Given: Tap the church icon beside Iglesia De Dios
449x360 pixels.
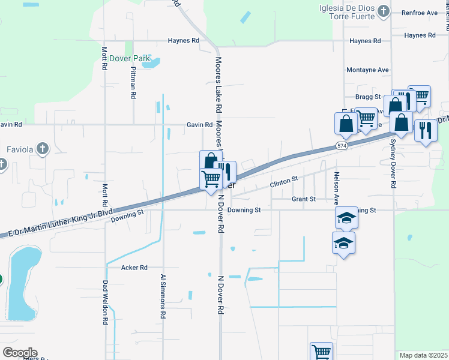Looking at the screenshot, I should (383, 11).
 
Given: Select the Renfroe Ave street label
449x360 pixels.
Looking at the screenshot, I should (420, 12).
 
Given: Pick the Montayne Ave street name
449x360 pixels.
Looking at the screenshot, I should (367, 70).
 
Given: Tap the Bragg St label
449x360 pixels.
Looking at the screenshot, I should (368, 97).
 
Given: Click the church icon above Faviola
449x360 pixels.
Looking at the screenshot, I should (41, 148).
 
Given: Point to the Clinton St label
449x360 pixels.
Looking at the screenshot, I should (284, 181).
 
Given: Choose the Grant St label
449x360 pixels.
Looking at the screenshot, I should (303, 199).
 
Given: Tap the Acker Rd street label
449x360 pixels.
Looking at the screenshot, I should (134, 268).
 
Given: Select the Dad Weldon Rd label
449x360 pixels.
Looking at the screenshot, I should (105, 303).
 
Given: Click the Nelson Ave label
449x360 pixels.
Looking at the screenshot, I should (336, 185).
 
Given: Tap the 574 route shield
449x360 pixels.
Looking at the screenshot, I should (342, 146).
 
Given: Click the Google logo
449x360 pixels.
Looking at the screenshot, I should (19, 353).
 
